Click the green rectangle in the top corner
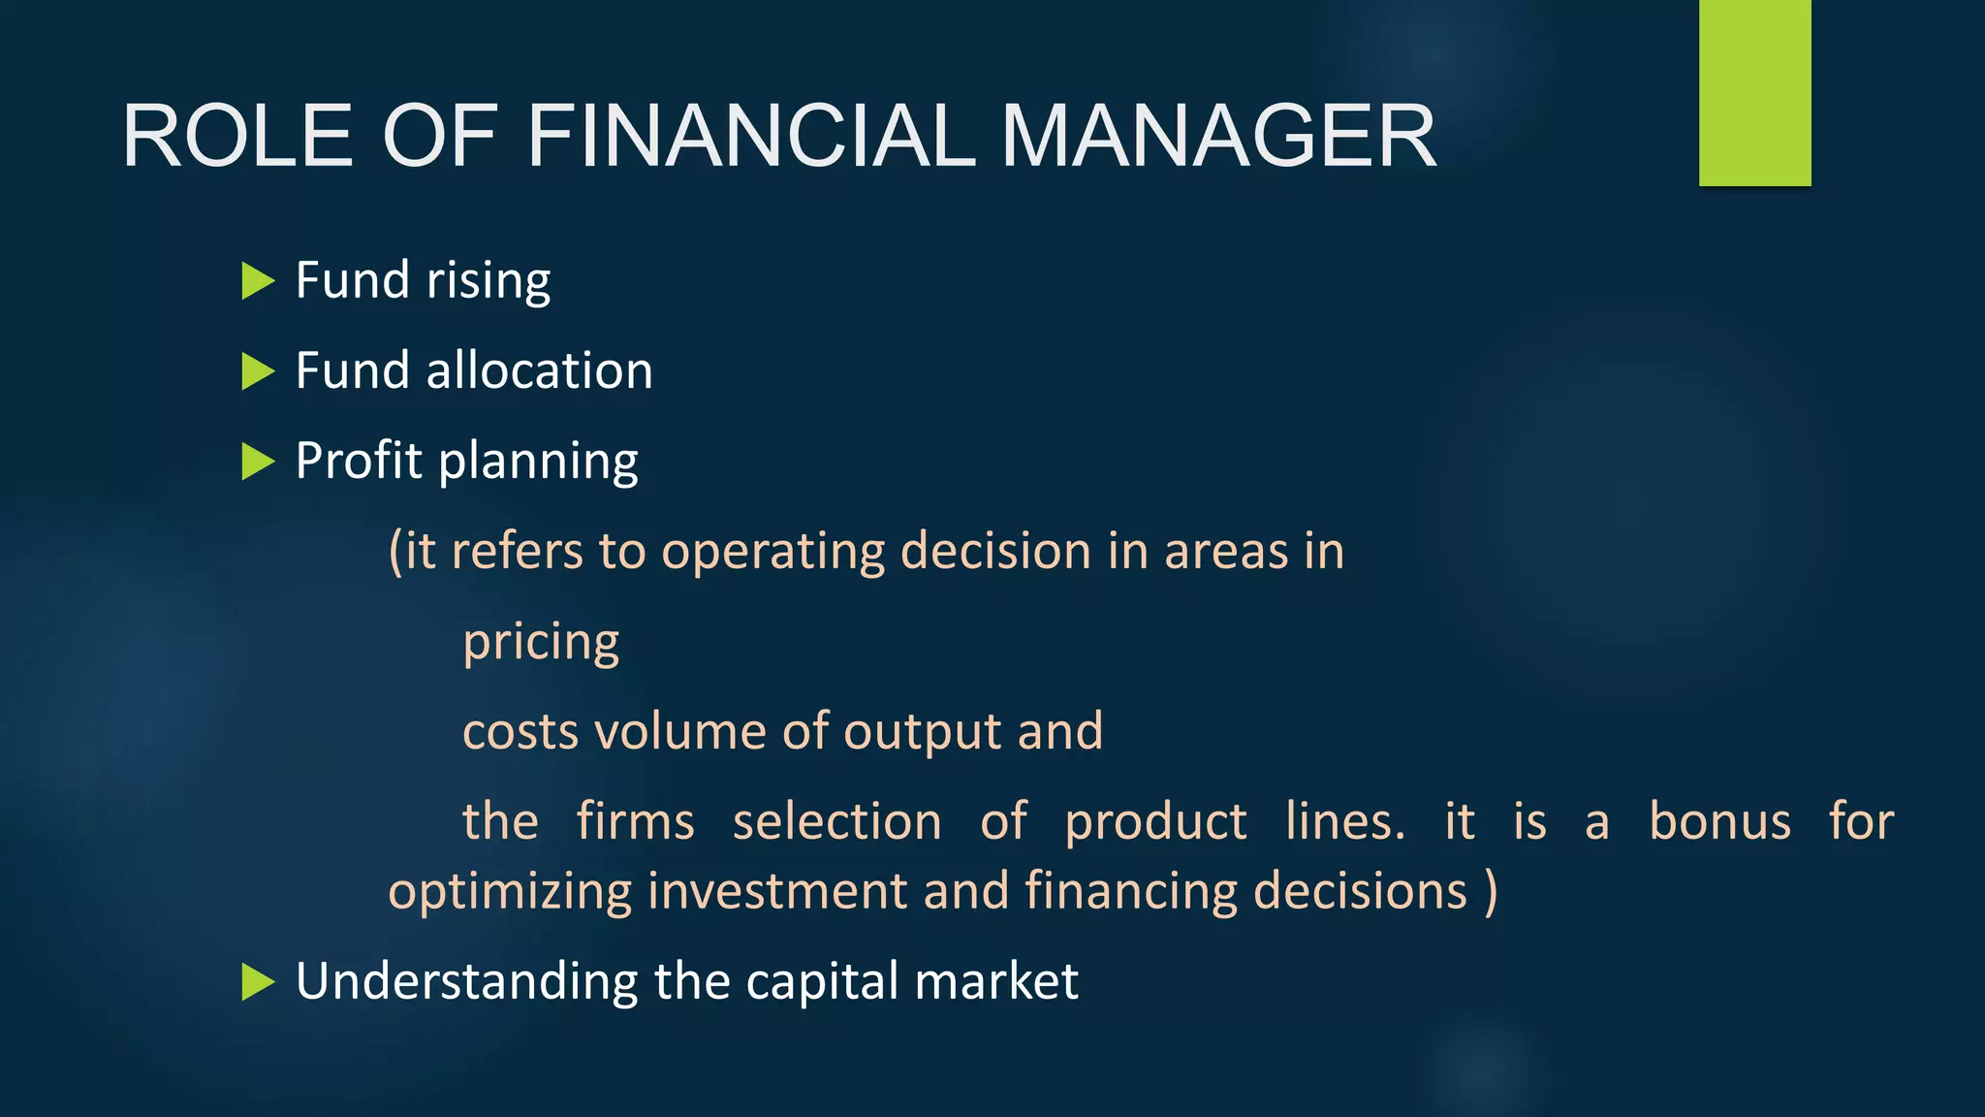click(x=1754, y=92)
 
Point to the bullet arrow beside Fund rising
click(x=257, y=281)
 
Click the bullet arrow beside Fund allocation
click(x=257, y=371)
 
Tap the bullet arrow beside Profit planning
click(x=257, y=462)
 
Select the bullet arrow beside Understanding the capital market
click(x=257, y=982)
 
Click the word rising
click(x=488, y=281)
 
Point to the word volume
click(x=680, y=732)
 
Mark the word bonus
click(x=1719, y=822)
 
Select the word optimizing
click(x=510, y=892)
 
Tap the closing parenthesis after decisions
click(x=1491, y=892)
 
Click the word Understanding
click(x=466, y=982)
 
